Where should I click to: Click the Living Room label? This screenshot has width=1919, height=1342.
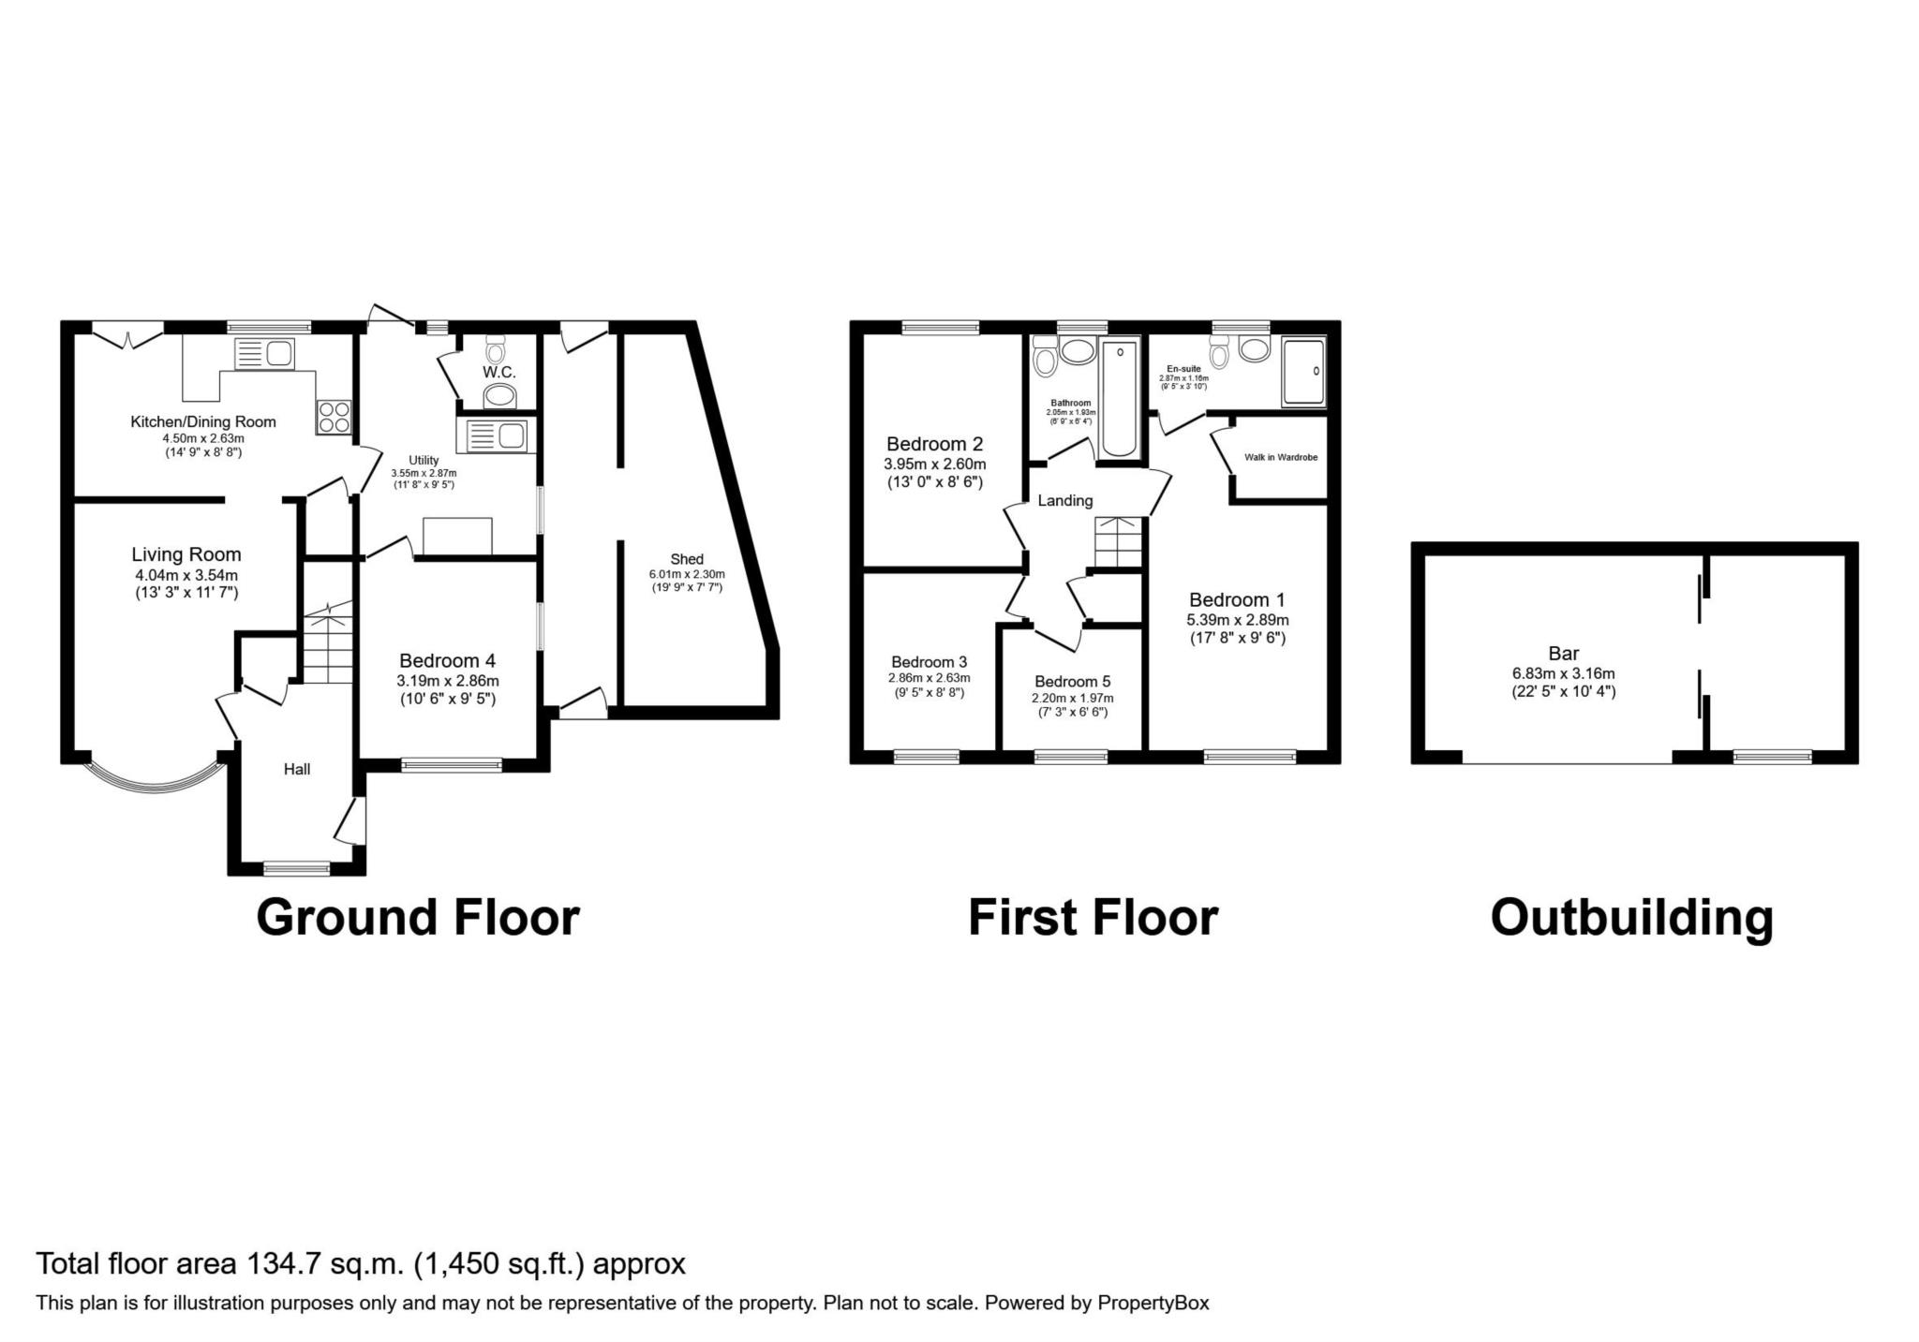(x=186, y=554)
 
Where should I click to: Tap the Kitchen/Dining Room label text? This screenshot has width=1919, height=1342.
(x=203, y=422)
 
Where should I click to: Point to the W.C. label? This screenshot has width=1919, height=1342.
(x=499, y=373)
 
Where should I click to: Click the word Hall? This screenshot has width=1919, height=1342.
(x=297, y=770)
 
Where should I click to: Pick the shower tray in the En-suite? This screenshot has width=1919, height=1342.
(x=1304, y=372)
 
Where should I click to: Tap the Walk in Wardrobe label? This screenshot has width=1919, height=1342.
(x=1281, y=458)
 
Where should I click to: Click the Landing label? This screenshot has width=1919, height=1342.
(x=1065, y=501)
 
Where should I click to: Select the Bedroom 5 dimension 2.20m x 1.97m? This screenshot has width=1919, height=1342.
(x=1073, y=699)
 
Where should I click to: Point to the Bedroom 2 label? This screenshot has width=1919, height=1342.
(x=935, y=444)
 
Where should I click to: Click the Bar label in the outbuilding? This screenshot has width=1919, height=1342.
(x=1564, y=654)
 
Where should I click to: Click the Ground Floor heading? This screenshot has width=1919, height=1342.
(x=418, y=917)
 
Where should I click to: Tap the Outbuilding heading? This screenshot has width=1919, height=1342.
(x=1632, y=918)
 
